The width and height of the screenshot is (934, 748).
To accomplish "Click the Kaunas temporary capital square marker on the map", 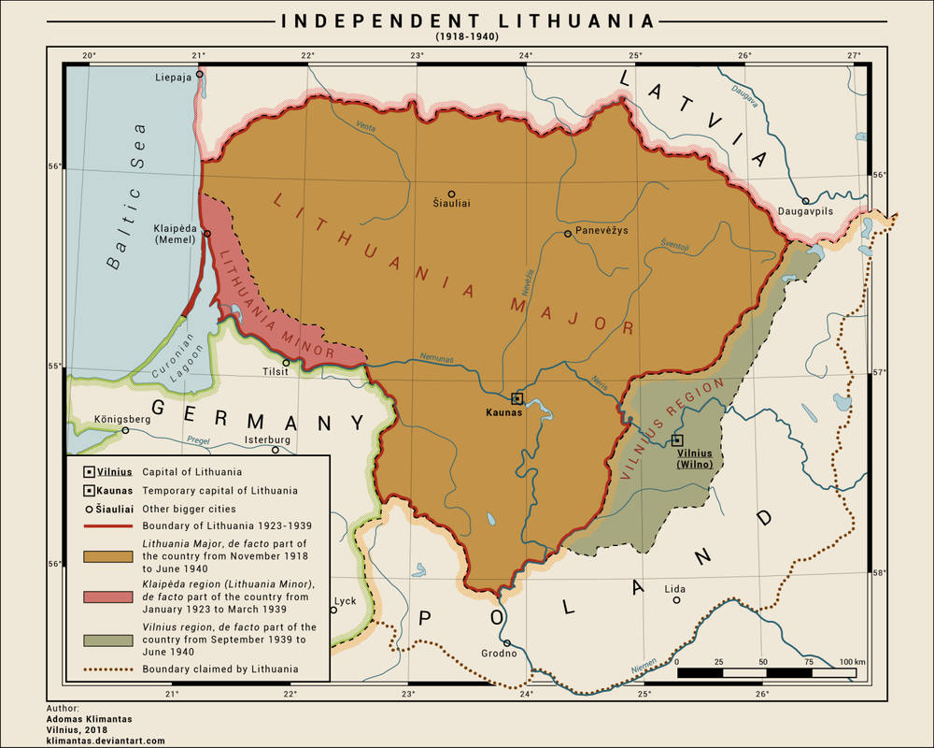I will tap(517, 398).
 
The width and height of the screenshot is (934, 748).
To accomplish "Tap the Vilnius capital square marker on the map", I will tap(677, 440).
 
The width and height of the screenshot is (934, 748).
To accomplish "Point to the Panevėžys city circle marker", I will tap(568, 234).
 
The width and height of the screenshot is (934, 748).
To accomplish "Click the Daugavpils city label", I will tap(806, 212).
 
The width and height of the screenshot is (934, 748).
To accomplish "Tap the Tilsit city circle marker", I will tap(287, 363).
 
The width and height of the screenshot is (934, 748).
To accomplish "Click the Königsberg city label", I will tap(122, 419).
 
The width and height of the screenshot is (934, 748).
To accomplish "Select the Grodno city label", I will tap(498, 654).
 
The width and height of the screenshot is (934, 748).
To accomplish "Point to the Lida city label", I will tap(674, 588).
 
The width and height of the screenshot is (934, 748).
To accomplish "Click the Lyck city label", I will tap(345, 601).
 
